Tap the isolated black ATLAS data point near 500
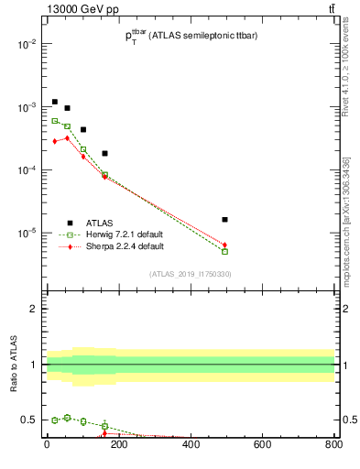[224, 220]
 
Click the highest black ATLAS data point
[55, 102]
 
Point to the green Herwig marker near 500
[224, 251]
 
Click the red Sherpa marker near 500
[224, 245]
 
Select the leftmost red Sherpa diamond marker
[55, 141]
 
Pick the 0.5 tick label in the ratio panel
[28, 420]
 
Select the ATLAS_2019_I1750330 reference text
[190, 274]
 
